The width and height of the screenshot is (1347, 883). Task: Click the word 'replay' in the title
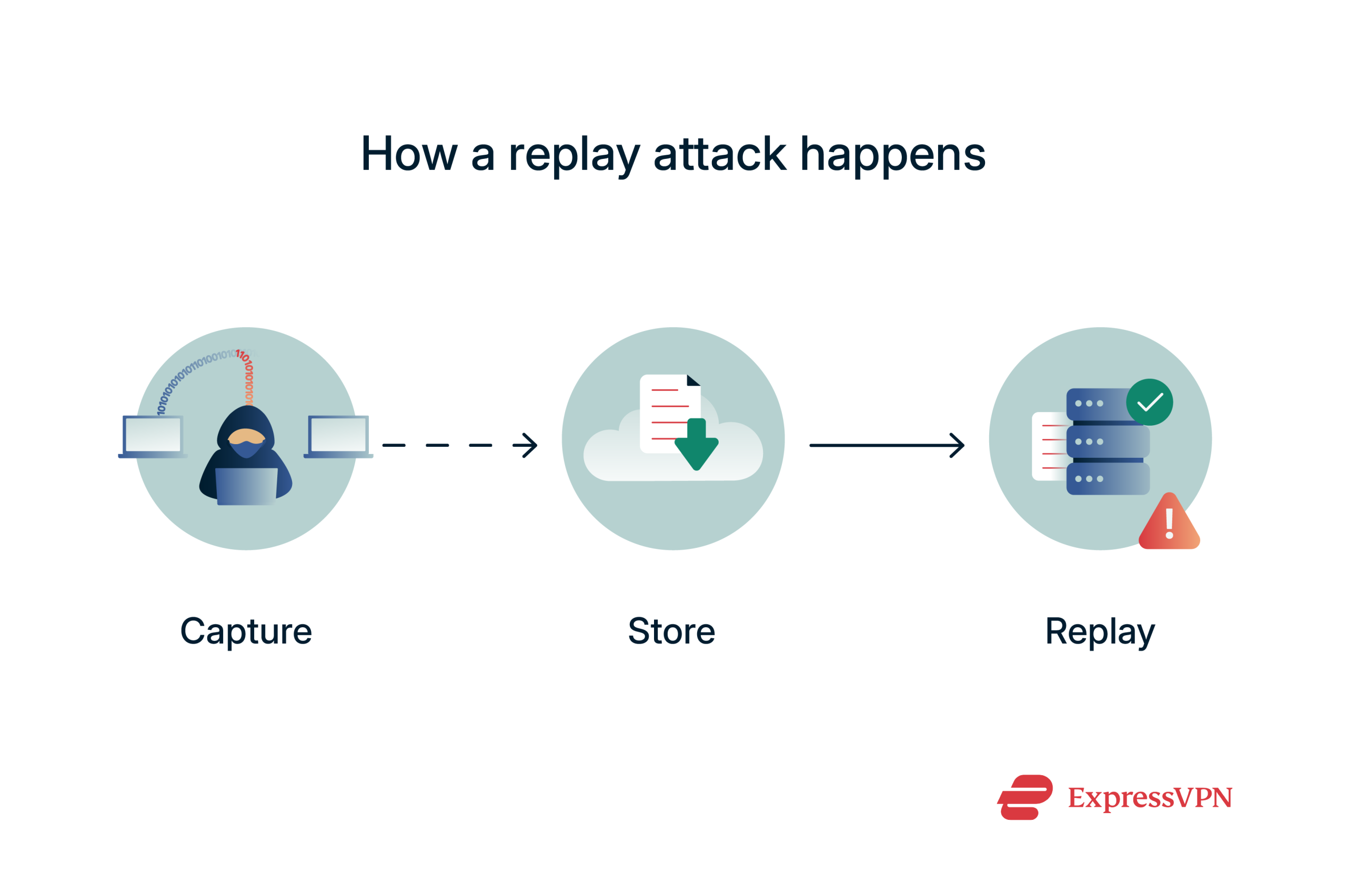[x=574, y=154]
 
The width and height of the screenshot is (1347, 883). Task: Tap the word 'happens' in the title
[x=892, y=154]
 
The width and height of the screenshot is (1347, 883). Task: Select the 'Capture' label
[x=246, y=631]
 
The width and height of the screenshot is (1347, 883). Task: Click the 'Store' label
[x=672, y=631]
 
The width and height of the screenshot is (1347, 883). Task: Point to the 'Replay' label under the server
[x=1100, y=631]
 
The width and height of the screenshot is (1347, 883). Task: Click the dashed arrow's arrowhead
[x=527, y=446]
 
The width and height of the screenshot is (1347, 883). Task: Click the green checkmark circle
[x=1150, y=403]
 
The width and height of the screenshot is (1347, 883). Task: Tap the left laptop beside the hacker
[x=153, y=436]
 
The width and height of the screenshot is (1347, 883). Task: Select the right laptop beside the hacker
[x=338, y=436]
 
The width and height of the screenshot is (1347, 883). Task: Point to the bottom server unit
[x=1108, y=479]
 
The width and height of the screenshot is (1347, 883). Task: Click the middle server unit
[x=1108, y=441]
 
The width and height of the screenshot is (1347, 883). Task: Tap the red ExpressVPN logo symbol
[x=1025, y=798]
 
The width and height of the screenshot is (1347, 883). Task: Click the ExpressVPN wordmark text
[x=1150, y=798]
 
